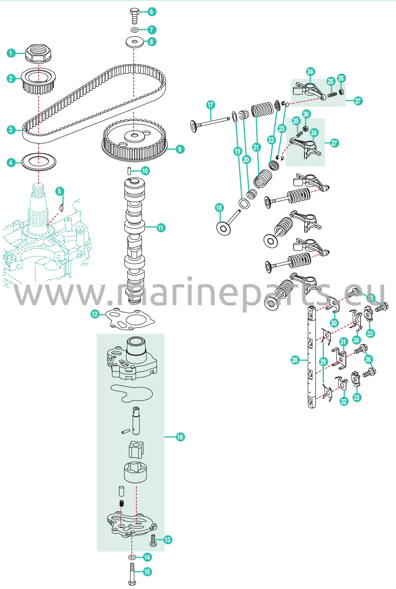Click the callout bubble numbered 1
click(11, 53)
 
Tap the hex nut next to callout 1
click(38, 53)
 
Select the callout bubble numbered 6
click(152, 12)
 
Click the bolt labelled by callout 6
click(135, 16)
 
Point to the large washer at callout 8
click(135, 42)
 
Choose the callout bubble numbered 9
click(180, 149)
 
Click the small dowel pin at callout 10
click(129, 171)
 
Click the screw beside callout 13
click(153, 540)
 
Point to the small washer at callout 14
click(132, 557)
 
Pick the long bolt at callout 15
click(132, 574)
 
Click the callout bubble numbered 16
click(180, 437)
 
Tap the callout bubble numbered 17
click(211, 105)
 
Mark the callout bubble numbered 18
click(219, 208)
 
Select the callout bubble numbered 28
click(294, 360)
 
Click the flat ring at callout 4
click(39, 162)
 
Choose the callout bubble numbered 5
click(60, 191)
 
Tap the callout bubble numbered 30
click(334, 323)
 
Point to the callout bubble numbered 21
click(256, 147)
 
